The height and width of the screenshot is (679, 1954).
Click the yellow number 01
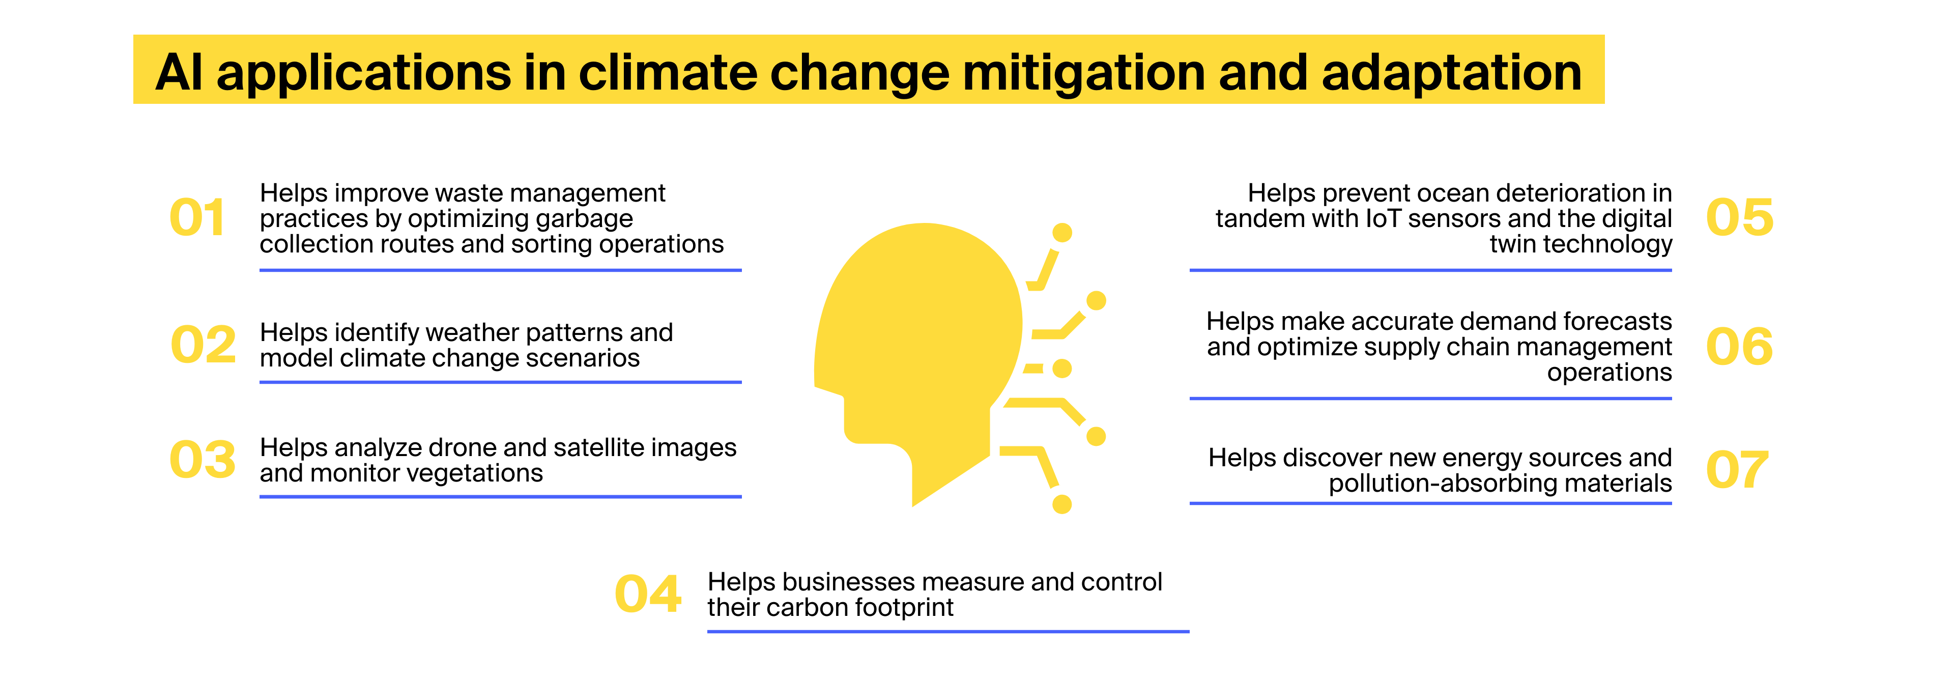197,218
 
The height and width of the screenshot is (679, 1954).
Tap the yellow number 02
204,345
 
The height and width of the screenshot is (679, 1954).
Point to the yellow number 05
1739,218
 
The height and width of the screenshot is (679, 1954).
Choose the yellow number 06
1739,347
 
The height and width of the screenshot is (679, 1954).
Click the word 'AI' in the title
179,72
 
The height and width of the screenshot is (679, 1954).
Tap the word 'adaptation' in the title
1451,74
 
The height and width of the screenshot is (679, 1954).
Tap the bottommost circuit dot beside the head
1062,504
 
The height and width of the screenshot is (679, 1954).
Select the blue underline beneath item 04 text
948,631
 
